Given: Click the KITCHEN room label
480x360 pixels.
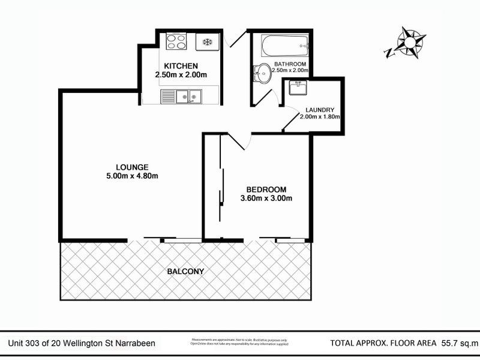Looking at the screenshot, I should (181, 65).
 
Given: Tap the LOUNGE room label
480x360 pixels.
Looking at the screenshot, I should (133, 167).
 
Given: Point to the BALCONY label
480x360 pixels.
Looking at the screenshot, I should (185, 271).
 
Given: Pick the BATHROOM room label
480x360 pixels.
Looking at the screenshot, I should (290, 64).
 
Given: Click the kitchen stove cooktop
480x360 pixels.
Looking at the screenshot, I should (176, 42).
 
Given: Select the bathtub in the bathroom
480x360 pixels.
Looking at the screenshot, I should (284, 45).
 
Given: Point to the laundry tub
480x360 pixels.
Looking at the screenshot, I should (298, 88).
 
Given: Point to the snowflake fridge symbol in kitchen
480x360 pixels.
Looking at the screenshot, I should (208, 42).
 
